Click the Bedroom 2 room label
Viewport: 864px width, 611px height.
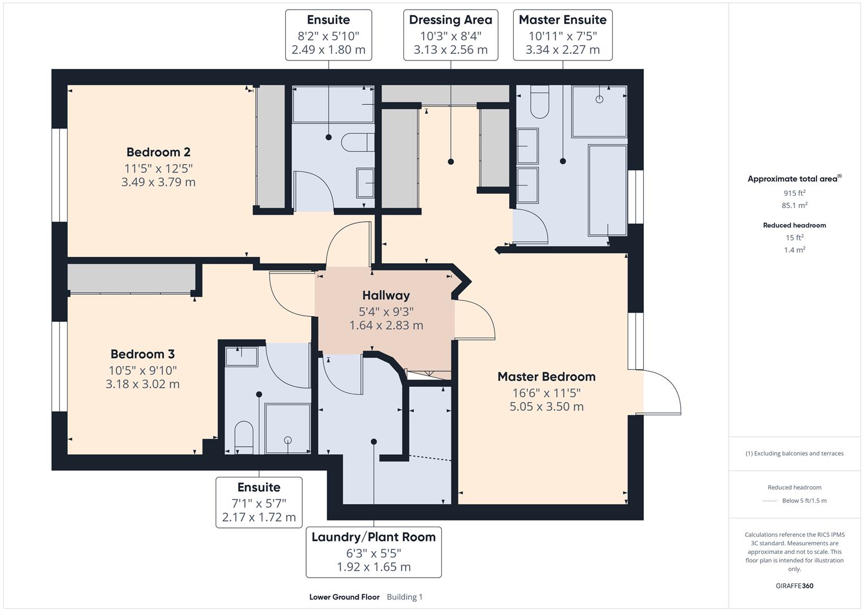point(158,152)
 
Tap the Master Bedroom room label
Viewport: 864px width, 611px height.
point(546,377)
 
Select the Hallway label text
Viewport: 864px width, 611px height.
point(386,295)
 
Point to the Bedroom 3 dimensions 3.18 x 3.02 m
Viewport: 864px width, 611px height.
point(143,384)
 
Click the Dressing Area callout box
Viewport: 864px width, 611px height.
point(450,35)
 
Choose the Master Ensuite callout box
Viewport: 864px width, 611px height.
point(562,35)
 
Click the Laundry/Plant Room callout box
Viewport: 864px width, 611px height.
point(373,552)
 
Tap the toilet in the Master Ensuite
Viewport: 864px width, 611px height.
point(540,102)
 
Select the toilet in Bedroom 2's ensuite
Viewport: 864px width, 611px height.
point(358,143)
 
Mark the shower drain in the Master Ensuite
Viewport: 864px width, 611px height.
point(599,100)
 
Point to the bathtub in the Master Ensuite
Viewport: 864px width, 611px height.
point(608,190)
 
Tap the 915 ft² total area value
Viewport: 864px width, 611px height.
point(794,193)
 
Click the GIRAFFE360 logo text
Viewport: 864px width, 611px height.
point(794,586)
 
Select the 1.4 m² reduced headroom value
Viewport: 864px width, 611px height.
point(794,249)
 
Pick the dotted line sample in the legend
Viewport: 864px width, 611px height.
point(770,501)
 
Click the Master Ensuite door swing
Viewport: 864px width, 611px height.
point(532,226)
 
